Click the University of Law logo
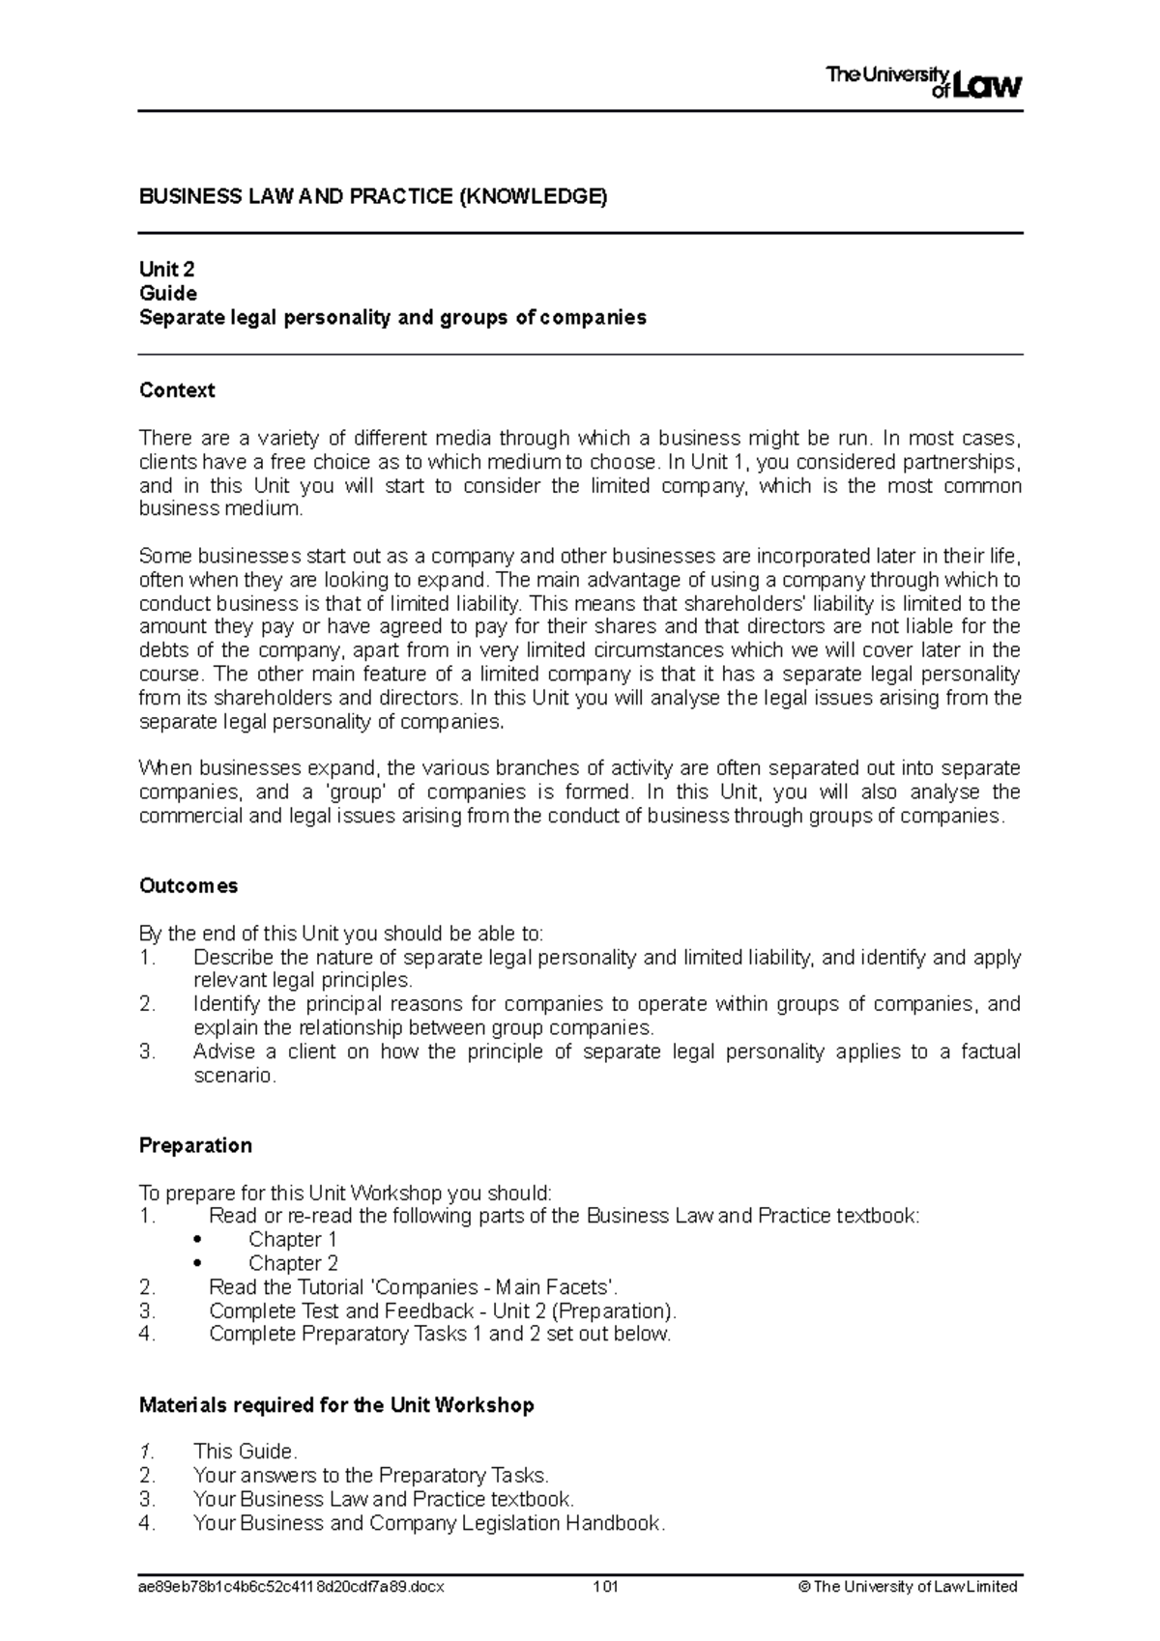click(923, 83)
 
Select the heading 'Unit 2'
click(167, 270)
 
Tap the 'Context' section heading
click(177, 390)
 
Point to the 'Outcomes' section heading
click(188, 886)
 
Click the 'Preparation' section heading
click(195, 1145)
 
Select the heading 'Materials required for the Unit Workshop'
click(336, 1405)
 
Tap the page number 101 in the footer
click(606, 1586)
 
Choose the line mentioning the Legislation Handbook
click(429, 1523)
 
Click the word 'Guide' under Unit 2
click(168, 293)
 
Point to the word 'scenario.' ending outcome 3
click(235, 1076)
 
